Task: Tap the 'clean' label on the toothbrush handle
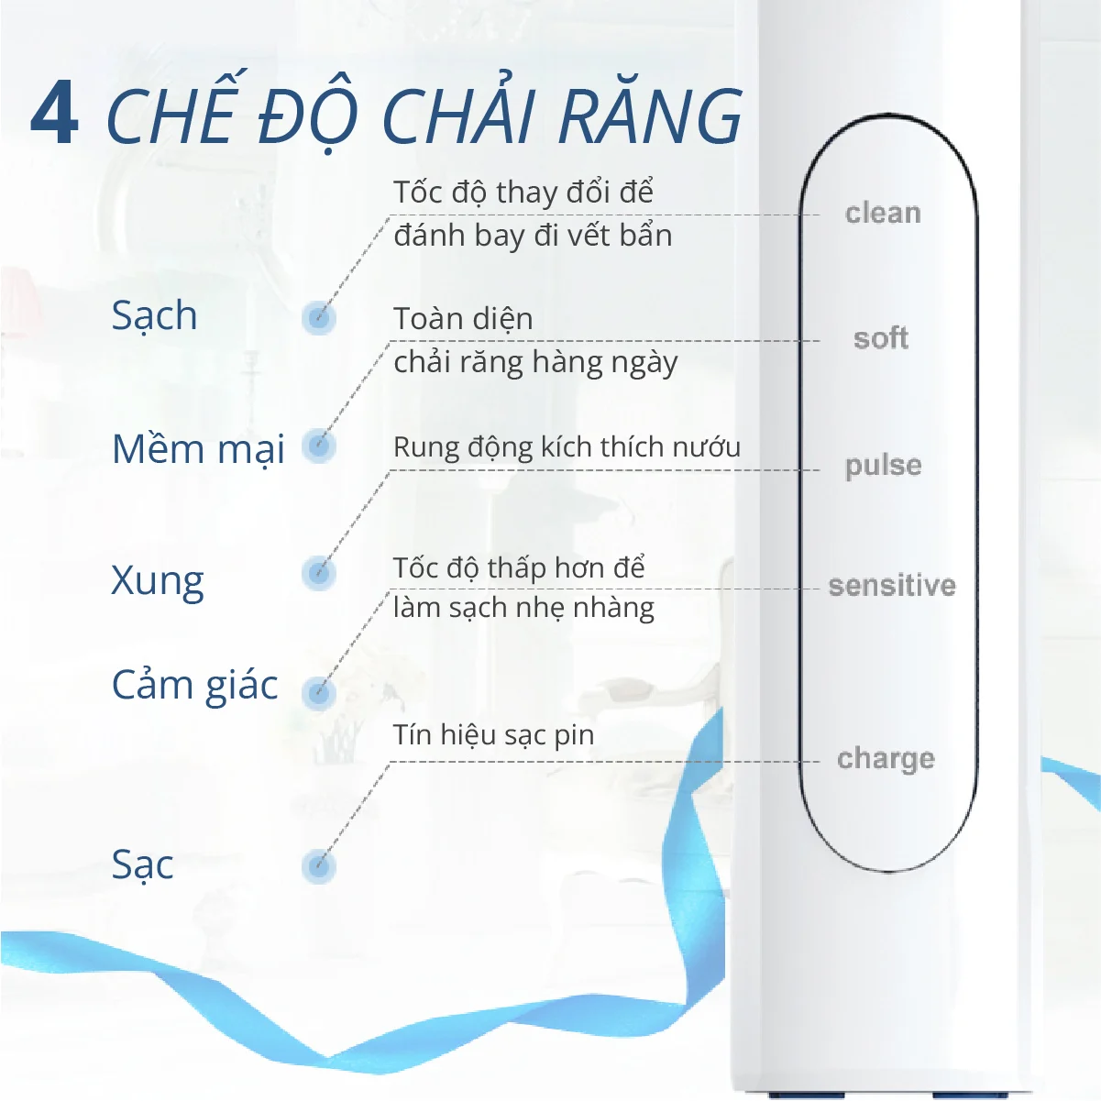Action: click(x=882, y=214)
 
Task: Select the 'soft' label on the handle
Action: click(x=880, y=338)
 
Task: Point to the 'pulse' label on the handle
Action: click(x=883, y=466)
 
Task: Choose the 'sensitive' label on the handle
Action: click(x=891, y=586)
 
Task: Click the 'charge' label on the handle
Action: click(x=886, y=759)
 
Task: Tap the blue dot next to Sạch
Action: click(x=319, y=318)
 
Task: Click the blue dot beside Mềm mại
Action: click(x=319, y=446)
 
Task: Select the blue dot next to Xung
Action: click(x=319, y=574)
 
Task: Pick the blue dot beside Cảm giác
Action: click(x=319, y=692)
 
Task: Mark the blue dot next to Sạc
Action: click(x=319, y=866)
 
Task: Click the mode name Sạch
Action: click(x=154, y=316)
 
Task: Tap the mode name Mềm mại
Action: click(x=198, y=450)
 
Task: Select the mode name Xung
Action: click(x=157, y=581)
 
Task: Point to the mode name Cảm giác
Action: click(x=194, y=686)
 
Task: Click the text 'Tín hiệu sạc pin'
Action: click(x=493, y=735)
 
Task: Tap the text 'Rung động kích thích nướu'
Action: click(x=567, y=447)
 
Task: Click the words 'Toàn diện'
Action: click(x=463, y=319)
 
